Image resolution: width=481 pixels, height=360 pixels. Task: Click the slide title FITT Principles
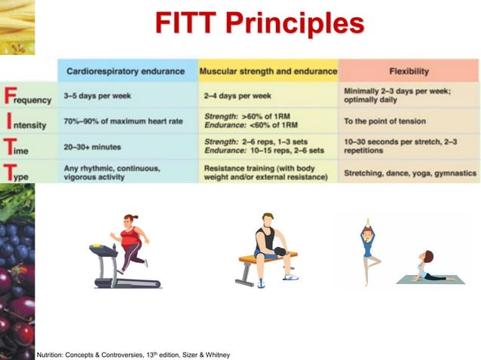[259, 23]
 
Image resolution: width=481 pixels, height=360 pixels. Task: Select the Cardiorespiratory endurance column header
[127, 72]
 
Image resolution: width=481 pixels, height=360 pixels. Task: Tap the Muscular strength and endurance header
[268, 72]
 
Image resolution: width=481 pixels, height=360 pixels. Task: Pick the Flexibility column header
[409, 72]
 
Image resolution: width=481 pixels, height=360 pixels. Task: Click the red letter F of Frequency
[9, 96]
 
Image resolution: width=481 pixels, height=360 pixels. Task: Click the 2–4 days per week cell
[237, 96]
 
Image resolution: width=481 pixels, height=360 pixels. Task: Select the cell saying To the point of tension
[384, 121]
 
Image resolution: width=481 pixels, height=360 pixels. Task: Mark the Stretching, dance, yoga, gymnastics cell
[410, 172]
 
